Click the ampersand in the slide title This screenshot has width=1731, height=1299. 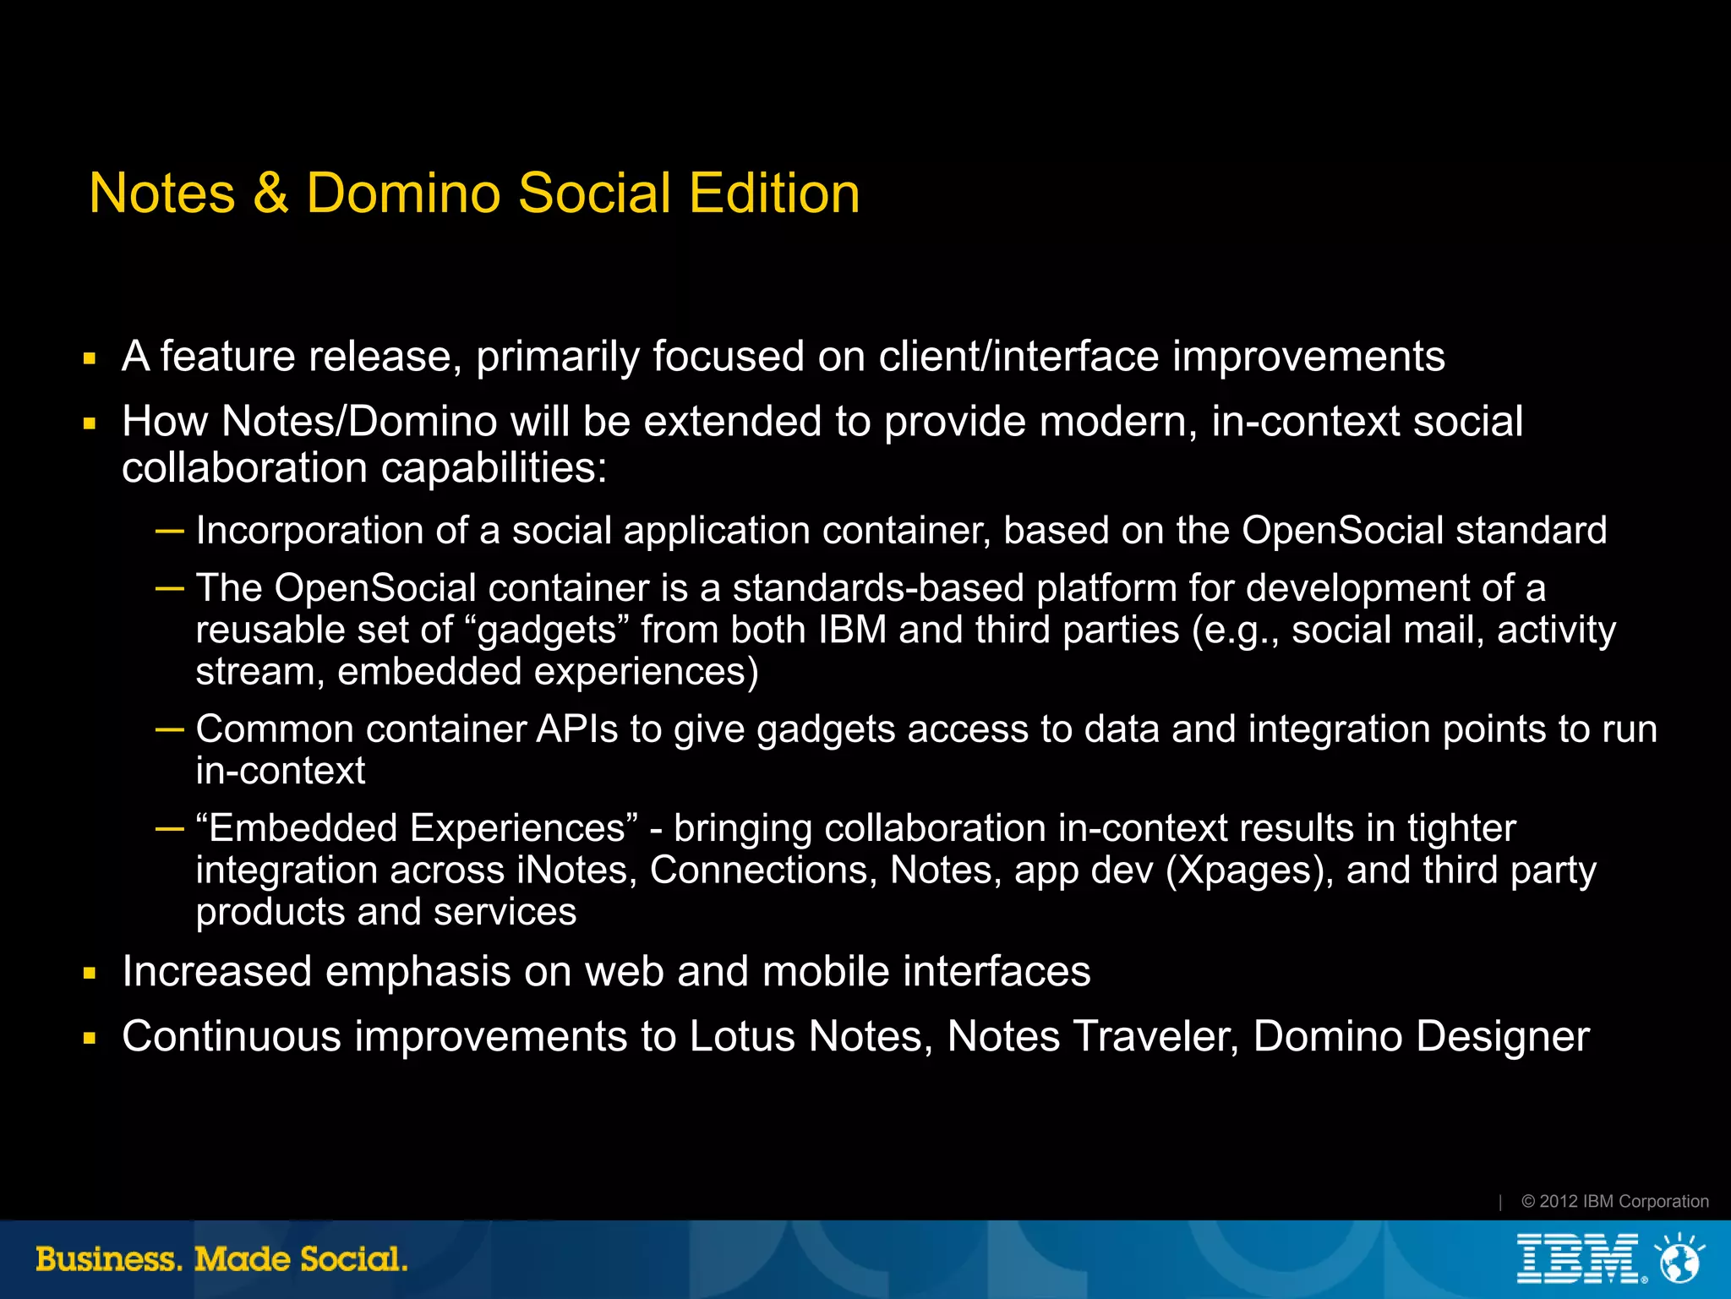270,194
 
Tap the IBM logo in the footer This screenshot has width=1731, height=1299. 1578,1259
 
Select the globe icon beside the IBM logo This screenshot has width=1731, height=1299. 1679,1259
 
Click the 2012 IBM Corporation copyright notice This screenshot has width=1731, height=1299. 1614,1201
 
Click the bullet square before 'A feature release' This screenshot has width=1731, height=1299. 90,359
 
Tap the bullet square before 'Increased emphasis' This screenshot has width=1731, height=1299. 90,974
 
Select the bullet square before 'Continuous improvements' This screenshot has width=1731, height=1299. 90,1039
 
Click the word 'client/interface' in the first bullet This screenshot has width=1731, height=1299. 1019,357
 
